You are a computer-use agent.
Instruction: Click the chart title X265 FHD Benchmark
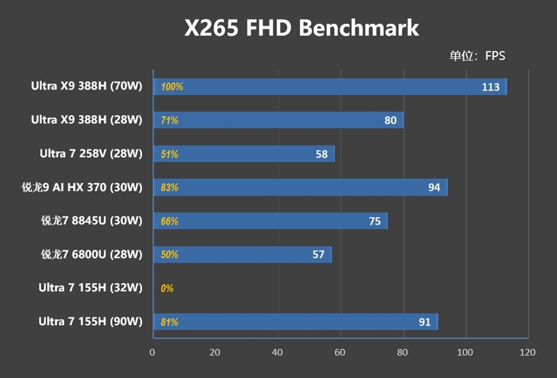click(301, 28)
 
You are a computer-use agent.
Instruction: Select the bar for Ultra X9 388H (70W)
click(327, 87)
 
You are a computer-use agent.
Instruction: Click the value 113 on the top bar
click(491, 87)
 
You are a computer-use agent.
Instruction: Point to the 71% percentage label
click(169, 120)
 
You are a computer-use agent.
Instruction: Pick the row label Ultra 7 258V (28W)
click(90, 154)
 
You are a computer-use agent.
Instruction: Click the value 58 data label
click(321, 154)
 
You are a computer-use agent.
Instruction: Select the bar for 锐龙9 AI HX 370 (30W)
click(299, 187)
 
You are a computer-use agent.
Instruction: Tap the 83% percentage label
click(169, 187)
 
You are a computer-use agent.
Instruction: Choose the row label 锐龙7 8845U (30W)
click(91, 221)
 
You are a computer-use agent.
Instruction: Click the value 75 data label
click(375, 221)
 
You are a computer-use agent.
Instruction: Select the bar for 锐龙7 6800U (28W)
click(242, 255)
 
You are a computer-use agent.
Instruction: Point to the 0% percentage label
click(167, 288)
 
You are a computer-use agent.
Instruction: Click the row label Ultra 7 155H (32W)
click(90, 288)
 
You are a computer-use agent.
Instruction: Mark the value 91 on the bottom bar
click(424, 322)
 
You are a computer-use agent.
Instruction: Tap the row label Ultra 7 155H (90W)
click(90, 322)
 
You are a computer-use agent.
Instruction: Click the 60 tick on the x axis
click(340, 352)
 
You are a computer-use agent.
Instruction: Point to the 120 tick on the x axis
click(527, 352)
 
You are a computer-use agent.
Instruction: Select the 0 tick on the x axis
click(152, 352)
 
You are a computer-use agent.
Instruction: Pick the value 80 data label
click(390, 120)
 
